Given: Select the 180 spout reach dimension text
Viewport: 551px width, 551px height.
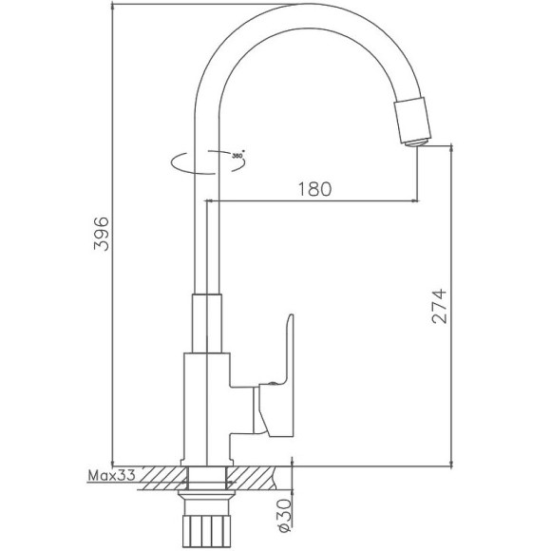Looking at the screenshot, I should click(x=314, y=188).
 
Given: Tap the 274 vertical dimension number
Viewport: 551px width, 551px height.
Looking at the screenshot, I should click(x=438, y=307).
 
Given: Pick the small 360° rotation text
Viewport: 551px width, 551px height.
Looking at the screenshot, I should click(x=237, y=154).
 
